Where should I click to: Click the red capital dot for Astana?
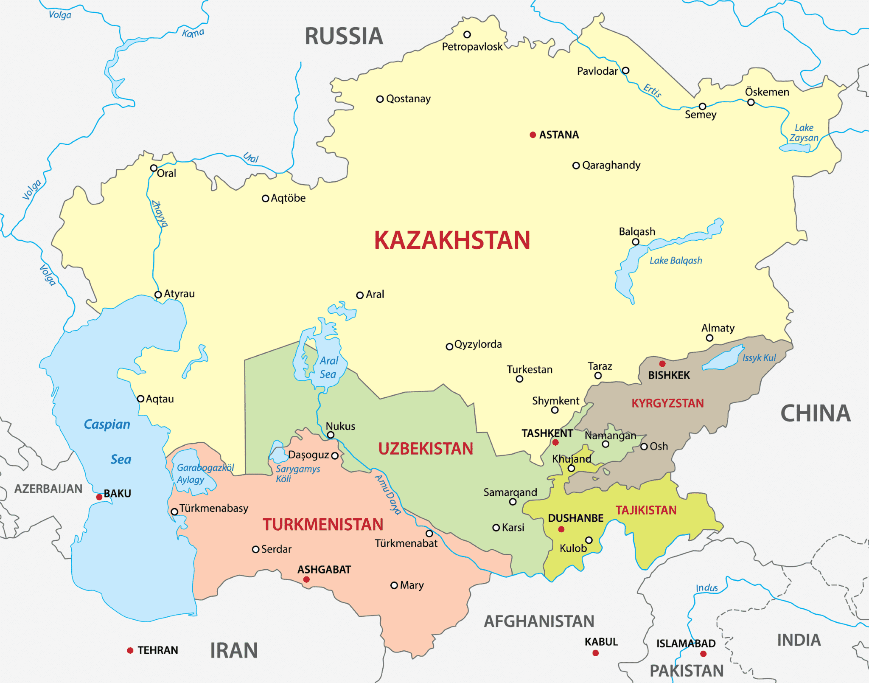533,135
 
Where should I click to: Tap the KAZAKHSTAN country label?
452,240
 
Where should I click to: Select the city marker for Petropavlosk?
467,34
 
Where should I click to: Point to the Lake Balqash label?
676,261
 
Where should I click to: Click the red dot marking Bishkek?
662,364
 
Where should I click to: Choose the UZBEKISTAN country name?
426,449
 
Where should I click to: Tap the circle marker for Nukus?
331,435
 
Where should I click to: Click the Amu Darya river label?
388,495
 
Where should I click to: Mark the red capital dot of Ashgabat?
306,579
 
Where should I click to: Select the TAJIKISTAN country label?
646,510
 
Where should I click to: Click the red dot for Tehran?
130,650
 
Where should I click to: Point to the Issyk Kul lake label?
759,358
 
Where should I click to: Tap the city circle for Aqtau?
140,399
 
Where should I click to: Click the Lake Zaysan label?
804,133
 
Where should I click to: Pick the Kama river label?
193,33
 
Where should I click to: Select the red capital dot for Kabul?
595,653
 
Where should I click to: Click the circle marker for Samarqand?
513,502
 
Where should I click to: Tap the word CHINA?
816,413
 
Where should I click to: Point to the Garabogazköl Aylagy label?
205,473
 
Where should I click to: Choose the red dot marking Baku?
99,497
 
